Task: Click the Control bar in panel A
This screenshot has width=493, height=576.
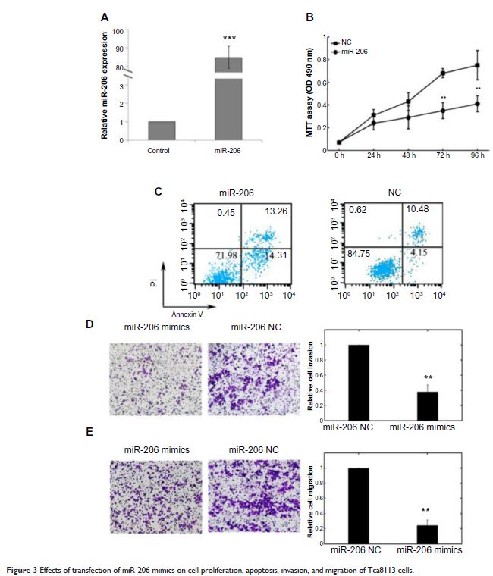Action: click(x=162, y=130)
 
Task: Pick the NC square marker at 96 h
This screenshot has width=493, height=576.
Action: click(x=477, y=65)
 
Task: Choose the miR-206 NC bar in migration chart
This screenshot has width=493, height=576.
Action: click(x=356, y=502)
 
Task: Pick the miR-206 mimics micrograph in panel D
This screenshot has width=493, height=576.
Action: click(x=155, y=379)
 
